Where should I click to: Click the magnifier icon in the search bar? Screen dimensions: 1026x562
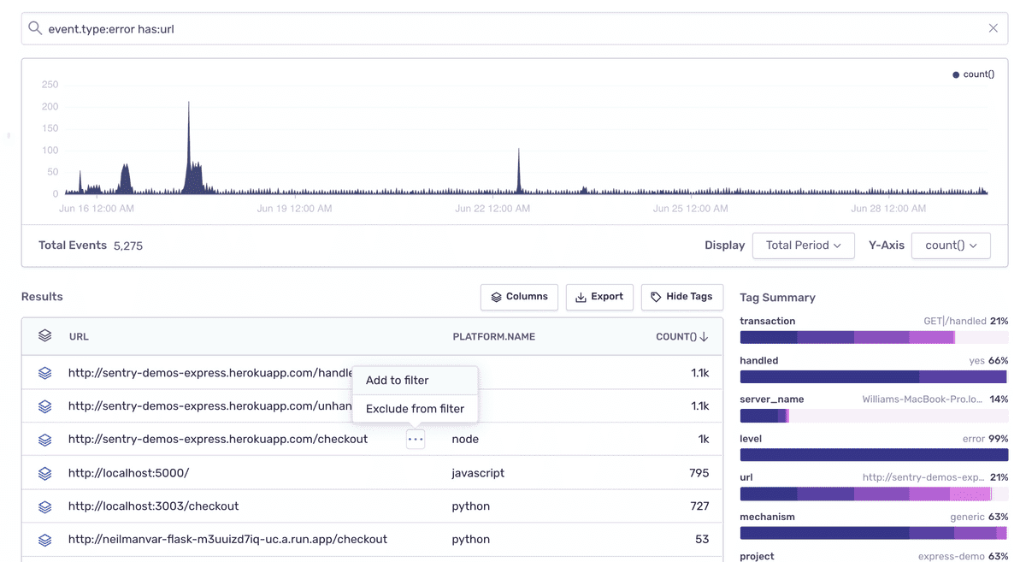pos(35,28)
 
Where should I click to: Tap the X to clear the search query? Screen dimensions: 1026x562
pos(993,28)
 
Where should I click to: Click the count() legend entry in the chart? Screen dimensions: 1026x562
pos(973,74)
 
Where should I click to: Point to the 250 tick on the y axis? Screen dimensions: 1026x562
pos(50,85)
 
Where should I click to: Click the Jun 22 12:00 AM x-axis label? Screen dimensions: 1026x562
pos(492,209)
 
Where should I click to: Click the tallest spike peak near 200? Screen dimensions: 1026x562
pos(189,103)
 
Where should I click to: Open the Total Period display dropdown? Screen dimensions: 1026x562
pos(804,246)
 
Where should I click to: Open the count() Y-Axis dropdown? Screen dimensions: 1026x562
pos(951,246)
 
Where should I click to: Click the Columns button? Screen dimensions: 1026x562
pos(519,297)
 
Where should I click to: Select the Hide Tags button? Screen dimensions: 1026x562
pos(682,297)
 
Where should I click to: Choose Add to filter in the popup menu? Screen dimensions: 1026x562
pos(397,381)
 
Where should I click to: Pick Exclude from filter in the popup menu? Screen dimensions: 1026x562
pos(415,409)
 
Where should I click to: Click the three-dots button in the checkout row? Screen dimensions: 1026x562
pos(416,440)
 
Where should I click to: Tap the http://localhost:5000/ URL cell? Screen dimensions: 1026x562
pos(129,473)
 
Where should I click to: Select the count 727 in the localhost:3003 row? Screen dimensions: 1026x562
pos(699,506)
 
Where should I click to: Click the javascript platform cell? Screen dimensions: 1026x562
pos(478,473)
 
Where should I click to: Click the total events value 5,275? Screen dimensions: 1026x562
pos(128,246)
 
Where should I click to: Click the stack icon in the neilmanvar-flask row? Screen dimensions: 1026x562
pos(44,540)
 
